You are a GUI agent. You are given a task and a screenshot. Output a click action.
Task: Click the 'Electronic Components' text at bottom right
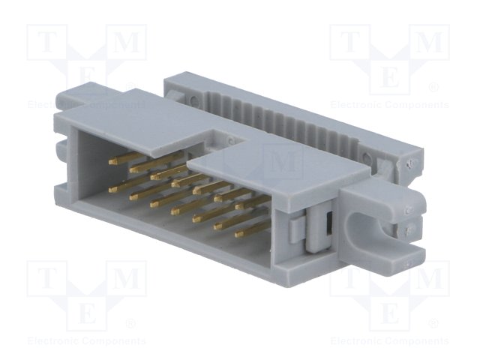point(390,341)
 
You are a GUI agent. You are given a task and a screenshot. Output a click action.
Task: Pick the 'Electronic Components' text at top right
point(390,105)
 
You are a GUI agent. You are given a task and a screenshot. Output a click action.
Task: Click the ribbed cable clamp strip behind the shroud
point(285,112)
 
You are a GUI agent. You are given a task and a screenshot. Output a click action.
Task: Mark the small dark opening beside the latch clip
point(328,225)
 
